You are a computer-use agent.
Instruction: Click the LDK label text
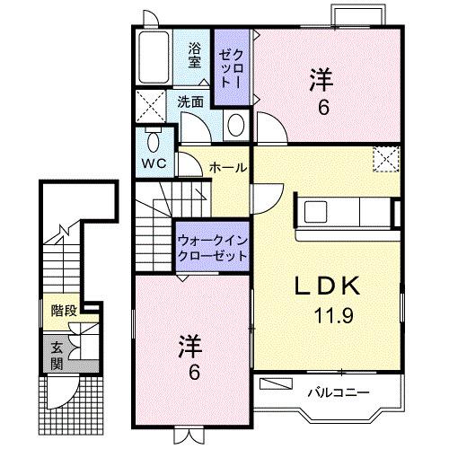click(328, 286)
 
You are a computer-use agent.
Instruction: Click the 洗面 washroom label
click(190, 102)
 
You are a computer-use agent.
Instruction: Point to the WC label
click(152, 165)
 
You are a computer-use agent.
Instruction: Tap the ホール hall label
click(228, 166)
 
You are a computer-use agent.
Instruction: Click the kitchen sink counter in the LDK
click(346, 214)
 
